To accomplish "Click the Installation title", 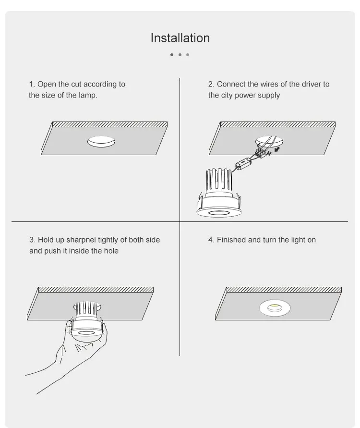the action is pyautogui.click(x=180, y=38).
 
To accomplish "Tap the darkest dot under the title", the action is pyautogui.click(x=172, y=55).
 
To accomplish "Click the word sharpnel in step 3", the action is pyautogui.click(x=81, y=240).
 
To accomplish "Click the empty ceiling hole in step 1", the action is pyautogui.click(x=101, y=142).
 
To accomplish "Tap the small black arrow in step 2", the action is pyautogui.click(x=277, y=149).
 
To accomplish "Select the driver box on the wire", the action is pyautogui.click(x=243, y=164).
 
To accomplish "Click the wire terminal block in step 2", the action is pyautogui.click(x=261, y=153).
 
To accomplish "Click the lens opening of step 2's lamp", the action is pyautogui.click(x=219, y=213).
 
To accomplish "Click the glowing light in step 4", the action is pyautogui.click(x=275, y=308).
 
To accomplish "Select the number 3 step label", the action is pyautogui.click(x=32, y=240).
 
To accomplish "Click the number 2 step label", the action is pyautogui.click(x=211, y=84).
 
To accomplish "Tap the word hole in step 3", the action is pyautogui.click(x=111, y=251).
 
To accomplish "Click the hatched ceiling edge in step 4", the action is pyautogui.click(x=284, y=289).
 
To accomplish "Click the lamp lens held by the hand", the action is pyautogui.click(x=85, y=333).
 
